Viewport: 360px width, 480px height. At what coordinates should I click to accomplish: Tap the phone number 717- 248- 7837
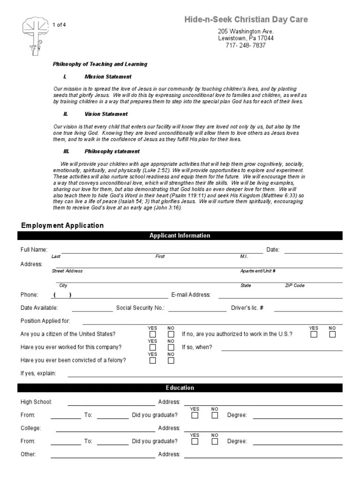(x=246, y=45)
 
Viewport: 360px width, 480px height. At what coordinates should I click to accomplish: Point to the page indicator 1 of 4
(x=59, y=24)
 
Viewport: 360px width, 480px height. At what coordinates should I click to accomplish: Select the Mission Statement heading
(x=108, y=76)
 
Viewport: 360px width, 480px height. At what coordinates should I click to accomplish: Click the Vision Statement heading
(x=106, y=114)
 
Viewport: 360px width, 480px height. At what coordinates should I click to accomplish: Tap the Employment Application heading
(x=61, y=225)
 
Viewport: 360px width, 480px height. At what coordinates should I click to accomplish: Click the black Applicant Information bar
(x=180, y=236)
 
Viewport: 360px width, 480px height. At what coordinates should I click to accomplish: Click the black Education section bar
(x=180, y=388)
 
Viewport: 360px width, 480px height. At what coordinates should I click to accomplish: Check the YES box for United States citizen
(x=153, y=334)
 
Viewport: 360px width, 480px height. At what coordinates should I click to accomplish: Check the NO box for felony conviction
(x=171, y=360)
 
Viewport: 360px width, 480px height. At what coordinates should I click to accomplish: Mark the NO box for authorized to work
(x=332, y=334)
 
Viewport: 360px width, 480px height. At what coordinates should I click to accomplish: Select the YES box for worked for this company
(x=153, y=347)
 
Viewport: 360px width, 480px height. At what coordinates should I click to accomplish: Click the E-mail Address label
(x=191, y=295)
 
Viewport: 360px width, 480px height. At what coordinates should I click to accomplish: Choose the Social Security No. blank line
(x=197, y=309)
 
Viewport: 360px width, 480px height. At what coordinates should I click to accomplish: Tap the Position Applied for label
(x=45, y=321)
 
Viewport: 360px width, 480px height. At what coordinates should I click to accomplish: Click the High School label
(x=36, y=402)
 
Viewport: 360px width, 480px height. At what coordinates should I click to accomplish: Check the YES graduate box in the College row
(x=195, y=441)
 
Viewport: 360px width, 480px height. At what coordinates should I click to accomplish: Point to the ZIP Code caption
(x=294, y=285)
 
